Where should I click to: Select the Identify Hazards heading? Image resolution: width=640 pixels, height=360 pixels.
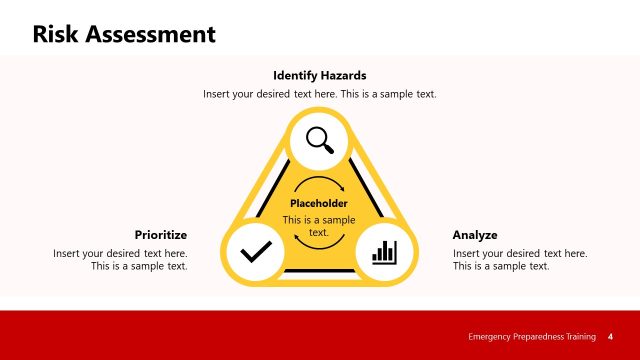(x=320, y=75)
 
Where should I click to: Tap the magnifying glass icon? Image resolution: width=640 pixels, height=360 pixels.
(x=320, y=139)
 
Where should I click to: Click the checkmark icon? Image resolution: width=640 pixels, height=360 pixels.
(x=256, y=250)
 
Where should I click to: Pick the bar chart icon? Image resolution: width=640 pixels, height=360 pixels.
(x=384, y=250)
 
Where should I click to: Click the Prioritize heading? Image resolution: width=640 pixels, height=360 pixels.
(x=161, y=235)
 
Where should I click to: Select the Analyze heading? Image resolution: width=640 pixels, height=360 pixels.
(x=475, y=235)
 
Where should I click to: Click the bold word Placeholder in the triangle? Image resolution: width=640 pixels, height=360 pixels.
(x=318, y=203)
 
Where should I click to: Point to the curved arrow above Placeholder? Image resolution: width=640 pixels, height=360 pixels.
(x=319, y=185)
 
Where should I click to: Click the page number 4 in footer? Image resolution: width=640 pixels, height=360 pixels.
(x=610, y=336)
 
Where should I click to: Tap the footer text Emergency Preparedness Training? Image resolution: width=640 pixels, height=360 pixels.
(x=532, y=336)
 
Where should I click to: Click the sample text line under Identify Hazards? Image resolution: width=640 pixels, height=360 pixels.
(x=320, y=94)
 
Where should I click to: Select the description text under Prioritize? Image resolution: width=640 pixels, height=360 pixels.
(x=121, y=260)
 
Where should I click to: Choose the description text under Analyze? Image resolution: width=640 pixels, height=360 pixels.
(x=520, y=260)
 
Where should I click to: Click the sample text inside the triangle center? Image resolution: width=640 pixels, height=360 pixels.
(x=318, y=225)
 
